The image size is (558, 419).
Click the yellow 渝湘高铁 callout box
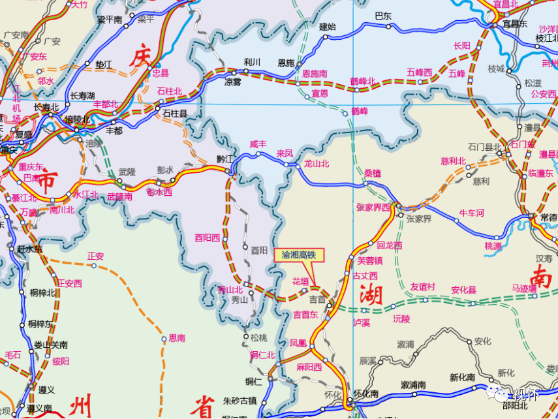(298, 255)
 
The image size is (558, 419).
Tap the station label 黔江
(225, 160)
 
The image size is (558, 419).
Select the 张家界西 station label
(373, 208)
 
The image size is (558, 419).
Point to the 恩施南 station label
(315, 74)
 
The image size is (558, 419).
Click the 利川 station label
(252, 62)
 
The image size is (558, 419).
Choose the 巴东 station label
(383, 16)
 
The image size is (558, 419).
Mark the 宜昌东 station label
(514, 23)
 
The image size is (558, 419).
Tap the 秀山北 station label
(230, 289)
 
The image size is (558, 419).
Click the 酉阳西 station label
(208, 238)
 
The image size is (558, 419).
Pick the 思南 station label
(177, 338)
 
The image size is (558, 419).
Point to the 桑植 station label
(372, 173)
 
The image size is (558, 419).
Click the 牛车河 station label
(472, 213)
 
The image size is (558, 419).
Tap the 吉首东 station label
(305, 315)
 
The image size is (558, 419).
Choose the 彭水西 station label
(160, 192)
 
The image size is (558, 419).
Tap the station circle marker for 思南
(164, 339)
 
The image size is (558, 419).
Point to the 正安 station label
(95, 256)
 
